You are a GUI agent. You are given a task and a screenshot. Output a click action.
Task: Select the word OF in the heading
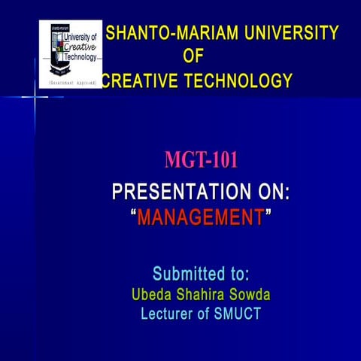pyautogui.click(x=193, y=56)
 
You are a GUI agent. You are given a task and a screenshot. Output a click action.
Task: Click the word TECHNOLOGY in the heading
pyautogui.click(x=239, y=80)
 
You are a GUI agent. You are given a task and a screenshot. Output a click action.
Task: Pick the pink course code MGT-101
pyautogui.click(x=202, y=160)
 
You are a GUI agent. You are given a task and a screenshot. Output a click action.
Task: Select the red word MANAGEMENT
pyautogui.click(x=201, y=218)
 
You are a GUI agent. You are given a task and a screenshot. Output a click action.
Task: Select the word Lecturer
pyautogui.click(x=167, y=314)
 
